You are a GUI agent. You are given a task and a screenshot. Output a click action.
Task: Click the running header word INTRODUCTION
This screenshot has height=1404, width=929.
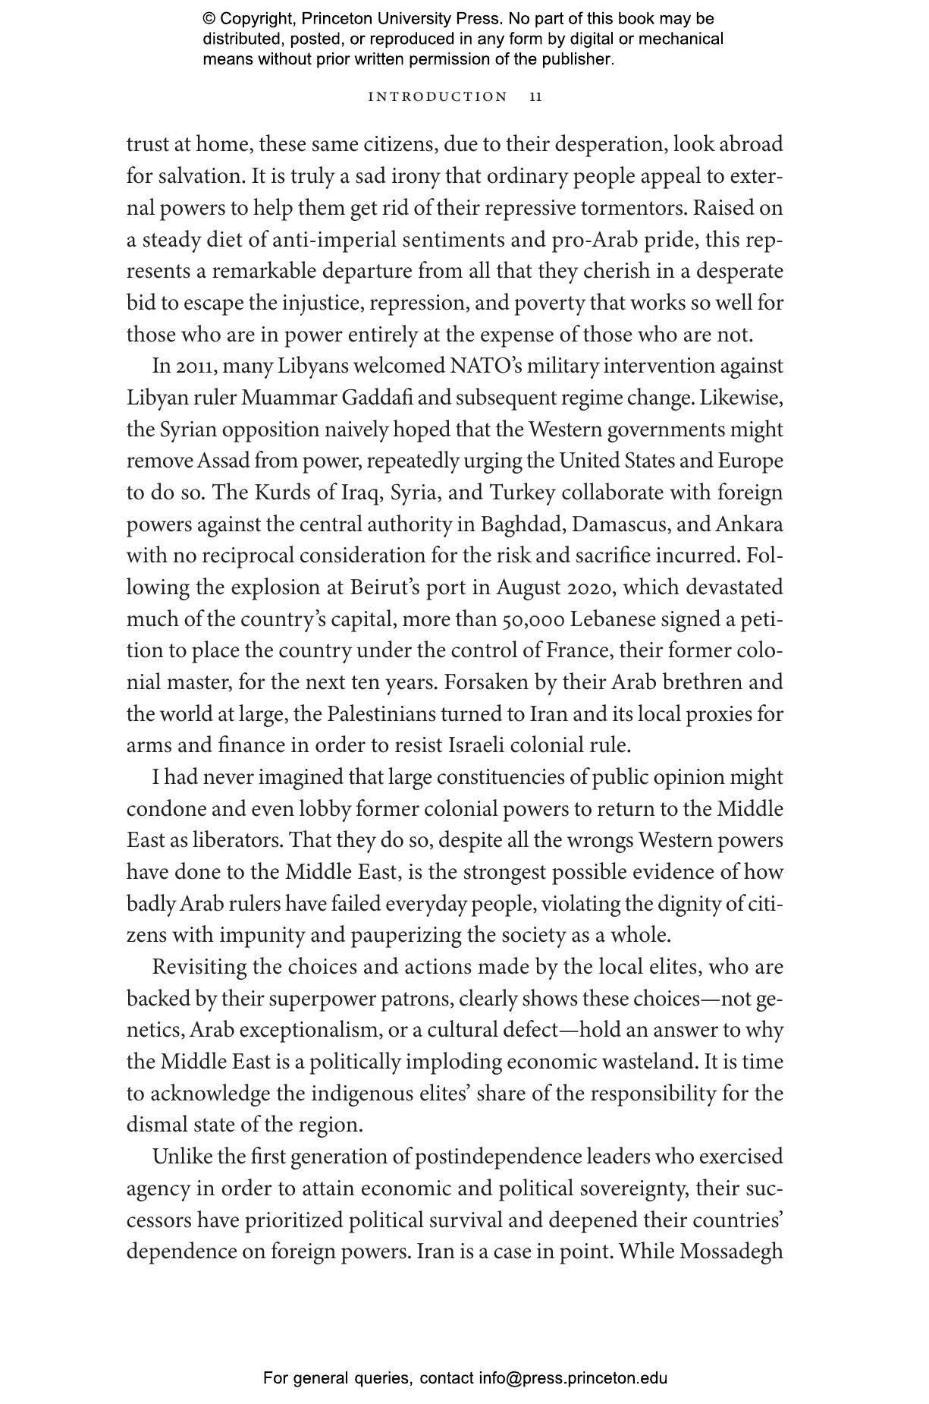pyautogui.click(x=438, y=97)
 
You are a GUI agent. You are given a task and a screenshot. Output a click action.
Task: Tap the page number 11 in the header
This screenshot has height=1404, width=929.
pyautogui.click(x=536, y=97)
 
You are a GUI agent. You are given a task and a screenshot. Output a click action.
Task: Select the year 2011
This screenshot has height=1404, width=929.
pyautogui.click(x=194, y=367)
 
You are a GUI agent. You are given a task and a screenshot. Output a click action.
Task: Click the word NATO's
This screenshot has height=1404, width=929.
pyautogui.click(x=485, y=366)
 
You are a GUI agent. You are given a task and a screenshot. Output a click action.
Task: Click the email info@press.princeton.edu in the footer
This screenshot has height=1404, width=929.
pyautogui.click(x=573, y=1378)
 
